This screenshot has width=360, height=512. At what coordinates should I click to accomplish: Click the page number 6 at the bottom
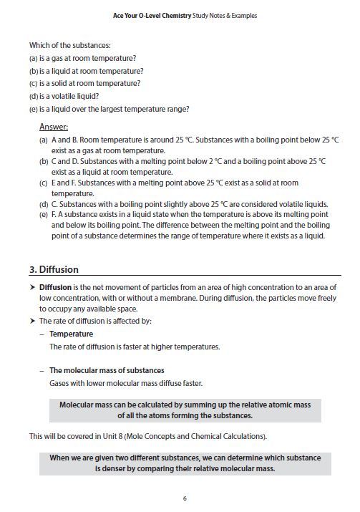[185, 498]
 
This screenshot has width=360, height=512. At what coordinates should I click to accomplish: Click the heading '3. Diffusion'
[54, 270]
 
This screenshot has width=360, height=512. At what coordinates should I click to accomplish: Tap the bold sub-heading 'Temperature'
[71, 334]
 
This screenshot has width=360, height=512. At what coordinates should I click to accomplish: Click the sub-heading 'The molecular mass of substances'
[107, 370]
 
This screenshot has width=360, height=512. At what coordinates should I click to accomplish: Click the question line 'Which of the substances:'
[70, 45]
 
